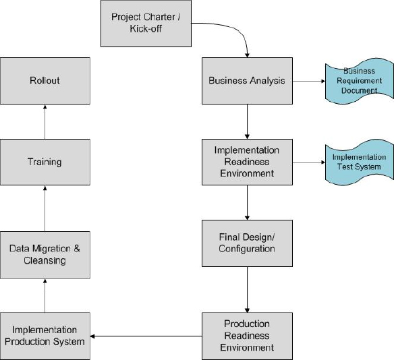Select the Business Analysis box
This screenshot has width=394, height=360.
pos(247,81)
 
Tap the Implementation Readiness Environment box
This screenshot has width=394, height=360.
pos(247,162)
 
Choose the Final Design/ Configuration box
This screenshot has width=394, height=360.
pos(247,243)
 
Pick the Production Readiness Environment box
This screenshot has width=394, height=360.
pos(247,335)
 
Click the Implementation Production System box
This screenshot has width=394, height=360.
pos(45,335)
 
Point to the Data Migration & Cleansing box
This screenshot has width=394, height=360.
pos(45,254)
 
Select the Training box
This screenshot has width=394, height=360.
pos(45,162)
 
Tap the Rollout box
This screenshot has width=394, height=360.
pos(45,81)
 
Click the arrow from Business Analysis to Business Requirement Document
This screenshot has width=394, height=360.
pos(308,81)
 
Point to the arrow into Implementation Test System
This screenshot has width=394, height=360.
pos(308,162)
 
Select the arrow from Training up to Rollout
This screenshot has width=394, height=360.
pos(45,121)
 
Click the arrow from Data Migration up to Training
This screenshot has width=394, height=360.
pos(45,208)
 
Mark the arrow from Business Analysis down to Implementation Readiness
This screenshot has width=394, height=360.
pos(247,121)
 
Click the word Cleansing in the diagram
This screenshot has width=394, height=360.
pos(45,261)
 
